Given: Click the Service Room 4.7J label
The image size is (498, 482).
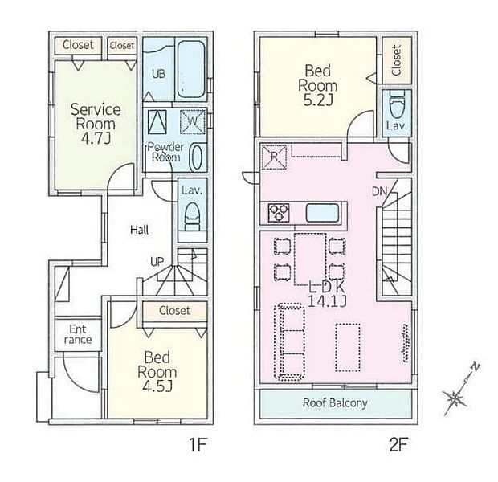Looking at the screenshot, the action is [96, 124].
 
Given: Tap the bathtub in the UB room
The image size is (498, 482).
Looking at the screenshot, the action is [190, 70].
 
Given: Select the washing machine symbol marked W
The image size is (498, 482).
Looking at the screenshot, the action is [193, 122].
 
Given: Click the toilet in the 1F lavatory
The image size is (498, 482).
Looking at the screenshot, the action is [192, 217].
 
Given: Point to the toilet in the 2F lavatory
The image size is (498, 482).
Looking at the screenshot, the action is [397, 105].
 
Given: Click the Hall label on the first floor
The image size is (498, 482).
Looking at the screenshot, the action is [140, 230].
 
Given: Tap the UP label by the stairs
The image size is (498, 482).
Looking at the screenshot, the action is [157, 262].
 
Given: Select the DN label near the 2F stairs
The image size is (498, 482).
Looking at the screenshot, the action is [380, 191].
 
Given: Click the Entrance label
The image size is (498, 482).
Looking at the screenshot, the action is [78, 334].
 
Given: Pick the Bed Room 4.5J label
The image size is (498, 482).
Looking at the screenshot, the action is [157, 371].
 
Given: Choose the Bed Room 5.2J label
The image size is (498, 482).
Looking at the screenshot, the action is [317, 85].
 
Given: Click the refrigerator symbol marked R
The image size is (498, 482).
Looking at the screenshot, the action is [274, 157].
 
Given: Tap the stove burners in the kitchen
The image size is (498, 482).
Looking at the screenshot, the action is [279, 212].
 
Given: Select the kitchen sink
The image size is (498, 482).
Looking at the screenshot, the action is [322, 213].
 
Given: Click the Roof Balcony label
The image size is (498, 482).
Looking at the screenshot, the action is [335, 403].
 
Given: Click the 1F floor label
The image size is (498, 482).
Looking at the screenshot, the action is [198, 444].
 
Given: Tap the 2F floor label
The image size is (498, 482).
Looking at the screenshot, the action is [398, 444].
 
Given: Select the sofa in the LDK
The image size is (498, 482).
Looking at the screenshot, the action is [290, 342].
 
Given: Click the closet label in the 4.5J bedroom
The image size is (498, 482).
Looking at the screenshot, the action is [174, 310].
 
